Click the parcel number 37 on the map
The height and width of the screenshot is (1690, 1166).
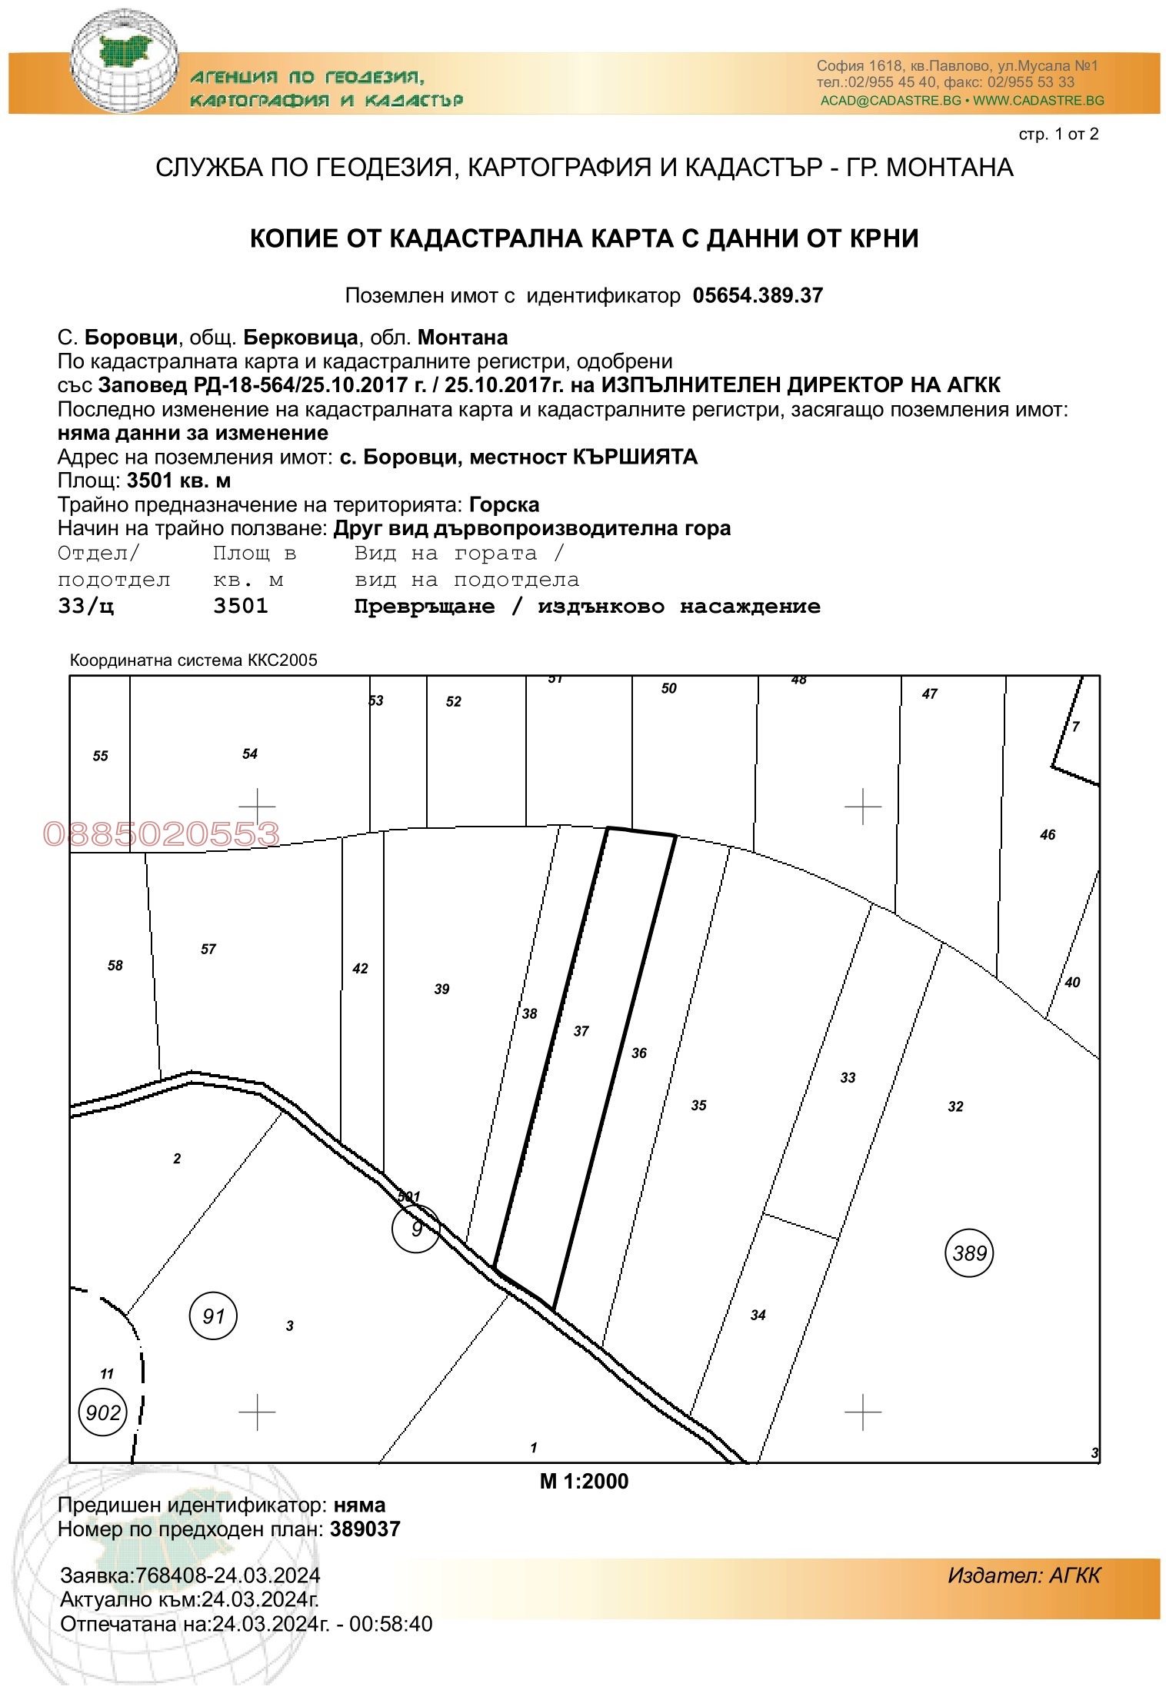pos(581,1031)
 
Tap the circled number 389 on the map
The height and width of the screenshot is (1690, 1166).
pos(969,1253)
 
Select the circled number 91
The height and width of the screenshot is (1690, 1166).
pos(213,1316)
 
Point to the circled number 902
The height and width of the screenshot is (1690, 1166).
pos(103,1412)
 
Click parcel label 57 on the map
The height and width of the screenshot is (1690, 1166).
pos(208,950)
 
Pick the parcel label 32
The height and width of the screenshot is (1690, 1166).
pos(955,1106)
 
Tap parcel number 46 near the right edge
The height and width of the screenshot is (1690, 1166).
pos(1048,835)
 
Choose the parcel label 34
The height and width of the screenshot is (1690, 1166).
pos(758,1316)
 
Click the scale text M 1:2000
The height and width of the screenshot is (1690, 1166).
pos(584,1482)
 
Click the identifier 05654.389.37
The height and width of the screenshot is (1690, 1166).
pos(758,296)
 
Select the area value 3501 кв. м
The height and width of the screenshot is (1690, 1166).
pos(178,481)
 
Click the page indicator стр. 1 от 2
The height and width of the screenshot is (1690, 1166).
pos(1058,135)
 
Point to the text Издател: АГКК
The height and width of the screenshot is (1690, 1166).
pos(1024,1575)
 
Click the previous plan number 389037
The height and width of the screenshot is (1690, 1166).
pos(365,1529)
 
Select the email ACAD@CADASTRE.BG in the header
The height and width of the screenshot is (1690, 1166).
pos(891,101)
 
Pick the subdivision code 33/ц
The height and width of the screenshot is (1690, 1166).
pos(86,607)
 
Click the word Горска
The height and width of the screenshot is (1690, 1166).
pos(505,505)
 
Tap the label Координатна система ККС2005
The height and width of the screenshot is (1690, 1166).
pos(194,660)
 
